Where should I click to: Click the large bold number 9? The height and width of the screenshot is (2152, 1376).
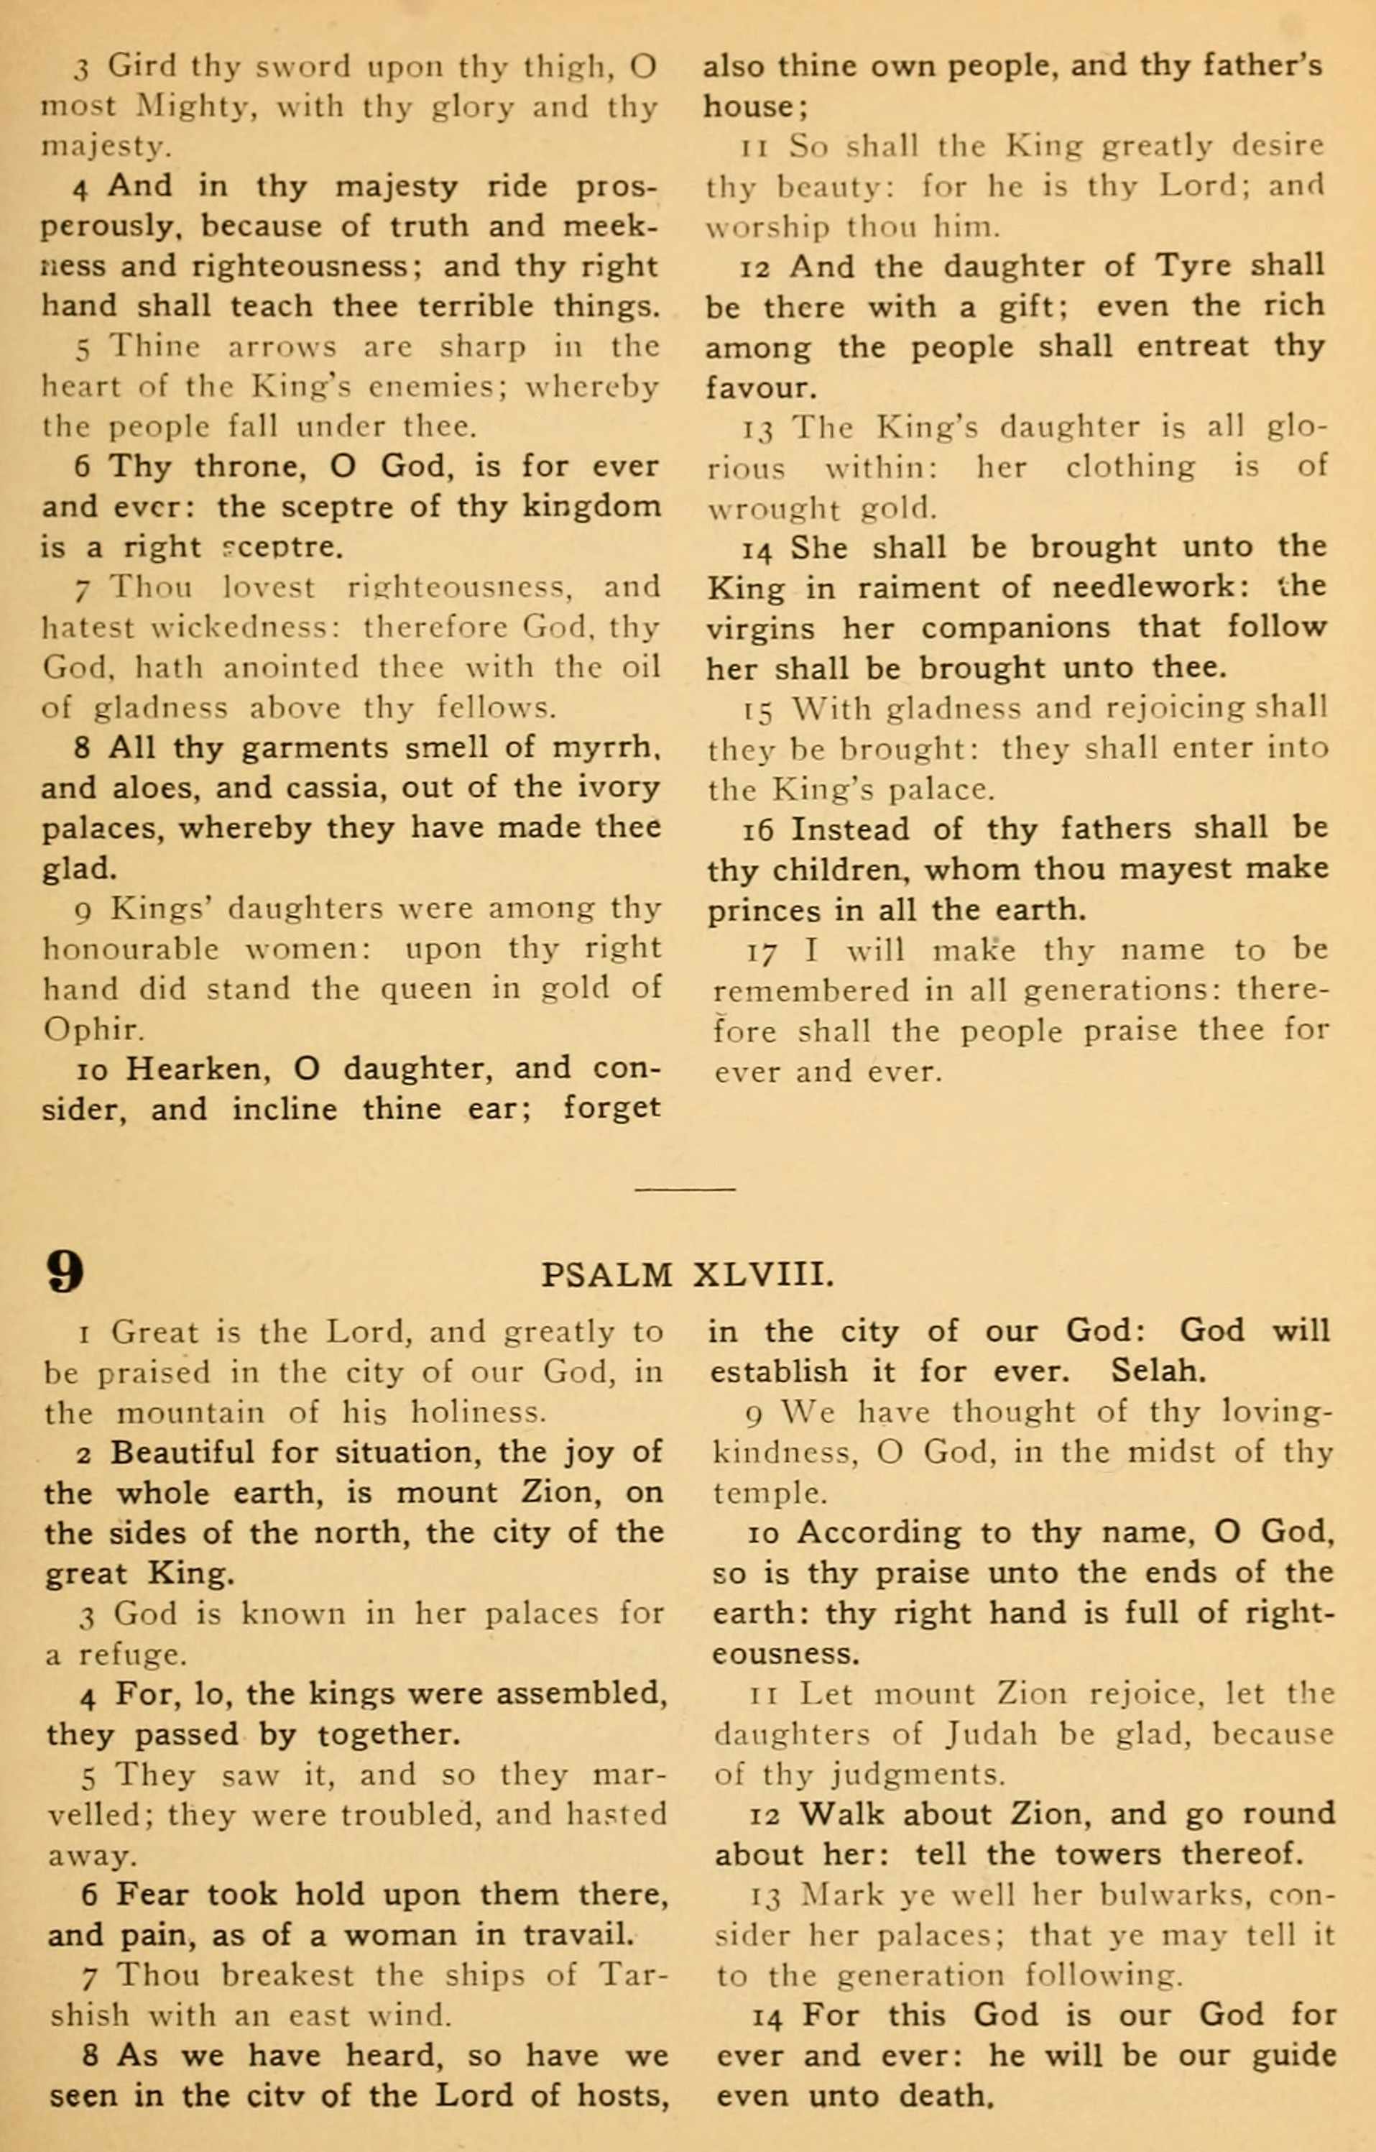coord(66,1272)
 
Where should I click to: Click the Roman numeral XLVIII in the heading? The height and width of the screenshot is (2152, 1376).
coord(764,1274)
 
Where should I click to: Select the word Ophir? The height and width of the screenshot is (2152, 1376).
coord(92,1029)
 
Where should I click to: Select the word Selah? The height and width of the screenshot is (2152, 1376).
coord(1158,1371)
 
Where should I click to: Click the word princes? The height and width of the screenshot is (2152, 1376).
coord(766,910)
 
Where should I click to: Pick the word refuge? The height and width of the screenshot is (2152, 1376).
coord(132,1655)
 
